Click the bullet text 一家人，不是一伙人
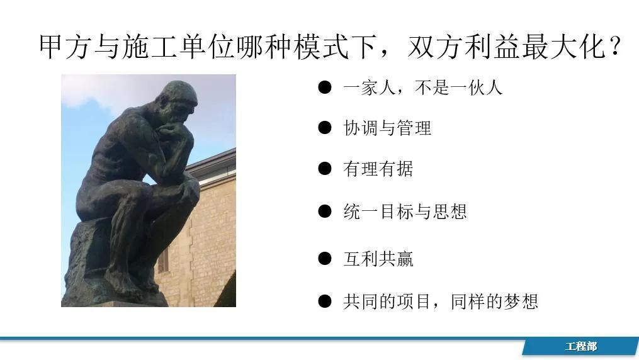tap(422, 87)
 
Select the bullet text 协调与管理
tap(387, 128)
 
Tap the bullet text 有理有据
tap(378, 169)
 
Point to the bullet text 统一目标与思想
tap(405, 211)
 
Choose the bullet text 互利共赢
tap(378, 259)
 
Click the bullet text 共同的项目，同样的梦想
tap(440, 301)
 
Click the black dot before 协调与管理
tap(324, 128)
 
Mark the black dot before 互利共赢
tap(324, 258)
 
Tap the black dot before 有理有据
tap(324, 169)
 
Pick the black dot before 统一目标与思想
tap(324, 211)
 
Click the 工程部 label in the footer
tap(580, 347)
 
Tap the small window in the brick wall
tap(163, 259)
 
